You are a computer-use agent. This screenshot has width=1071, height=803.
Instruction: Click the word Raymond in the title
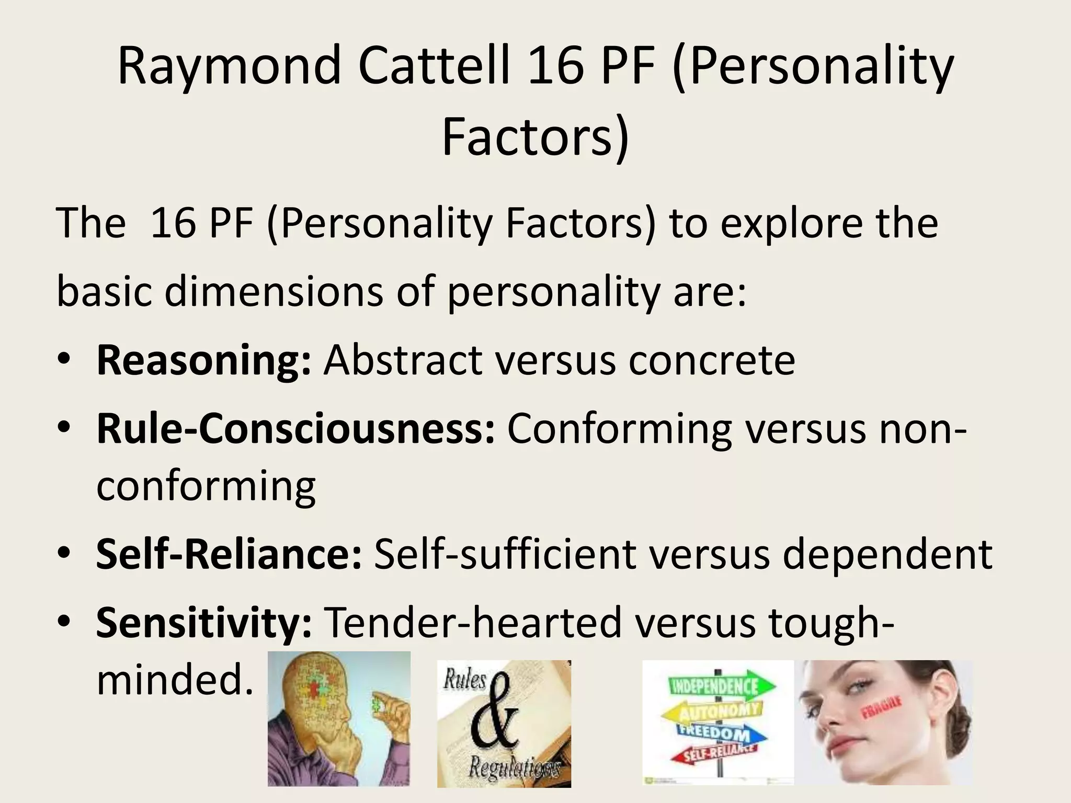(230, 66)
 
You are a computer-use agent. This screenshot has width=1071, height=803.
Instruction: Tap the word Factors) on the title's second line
(535, 137)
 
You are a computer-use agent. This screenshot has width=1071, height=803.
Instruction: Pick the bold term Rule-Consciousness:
(295, 429)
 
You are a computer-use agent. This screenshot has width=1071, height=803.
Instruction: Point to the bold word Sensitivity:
(204, 623)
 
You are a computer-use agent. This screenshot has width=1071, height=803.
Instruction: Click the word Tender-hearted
(474, 623)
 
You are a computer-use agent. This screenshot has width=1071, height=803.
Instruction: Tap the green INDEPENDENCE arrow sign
(722, 686)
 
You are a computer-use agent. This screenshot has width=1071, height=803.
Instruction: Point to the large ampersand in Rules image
(494, 716)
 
